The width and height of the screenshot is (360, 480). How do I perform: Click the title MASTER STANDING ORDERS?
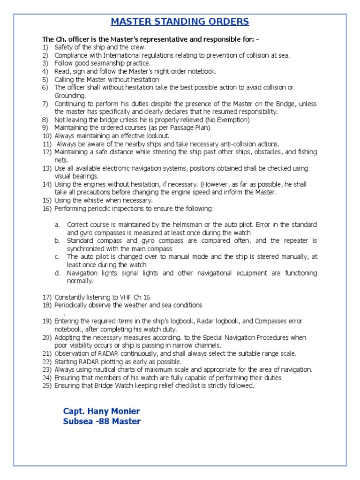[x=180, y=22]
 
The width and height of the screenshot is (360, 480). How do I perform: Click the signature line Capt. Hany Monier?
[x=101, y=411]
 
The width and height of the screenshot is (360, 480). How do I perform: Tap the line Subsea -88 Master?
[x=102, y=421]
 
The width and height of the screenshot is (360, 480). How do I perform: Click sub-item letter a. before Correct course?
[x=57, y=225]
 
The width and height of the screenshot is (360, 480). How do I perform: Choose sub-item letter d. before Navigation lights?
[x=57, y=273]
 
